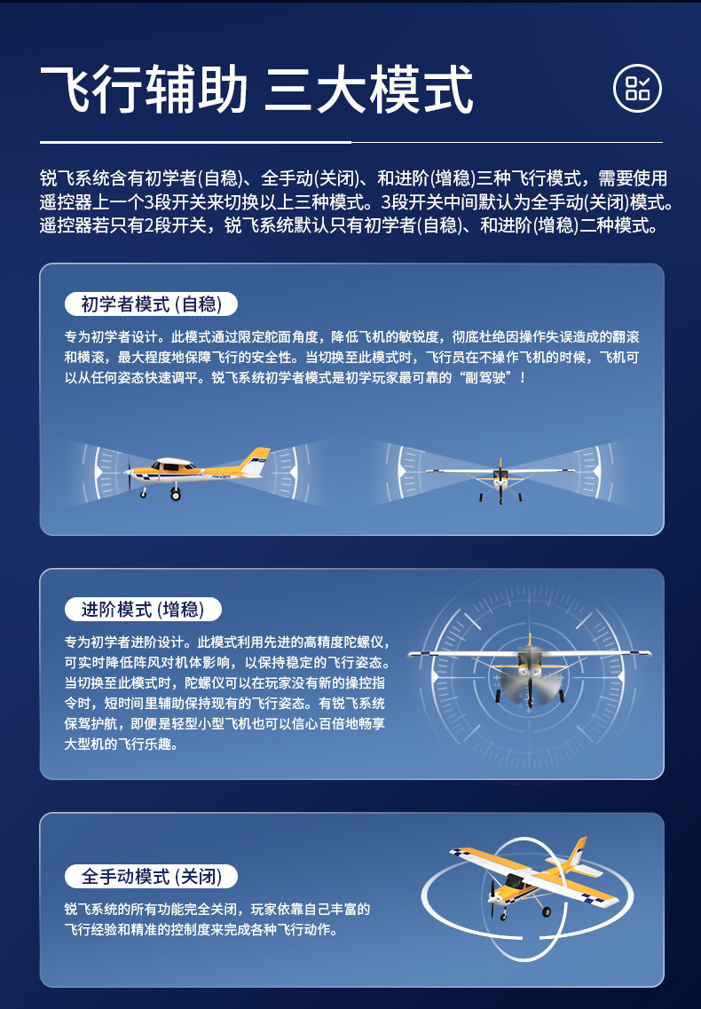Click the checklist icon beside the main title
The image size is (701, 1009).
[636, 88]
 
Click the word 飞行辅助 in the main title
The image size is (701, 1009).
[144, 90]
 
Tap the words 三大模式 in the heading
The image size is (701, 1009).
[369, 90]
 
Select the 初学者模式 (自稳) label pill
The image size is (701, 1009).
[151, 303]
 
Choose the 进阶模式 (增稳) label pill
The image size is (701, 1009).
[143, 609]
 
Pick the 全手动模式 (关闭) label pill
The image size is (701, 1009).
[151, 876]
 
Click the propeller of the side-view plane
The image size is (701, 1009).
[129, 474]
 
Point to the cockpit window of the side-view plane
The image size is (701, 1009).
[172, 465]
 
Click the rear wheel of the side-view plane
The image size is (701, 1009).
[175, 494]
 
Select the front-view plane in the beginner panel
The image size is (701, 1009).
[500, 480]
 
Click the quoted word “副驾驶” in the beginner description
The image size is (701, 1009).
[484, 378]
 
